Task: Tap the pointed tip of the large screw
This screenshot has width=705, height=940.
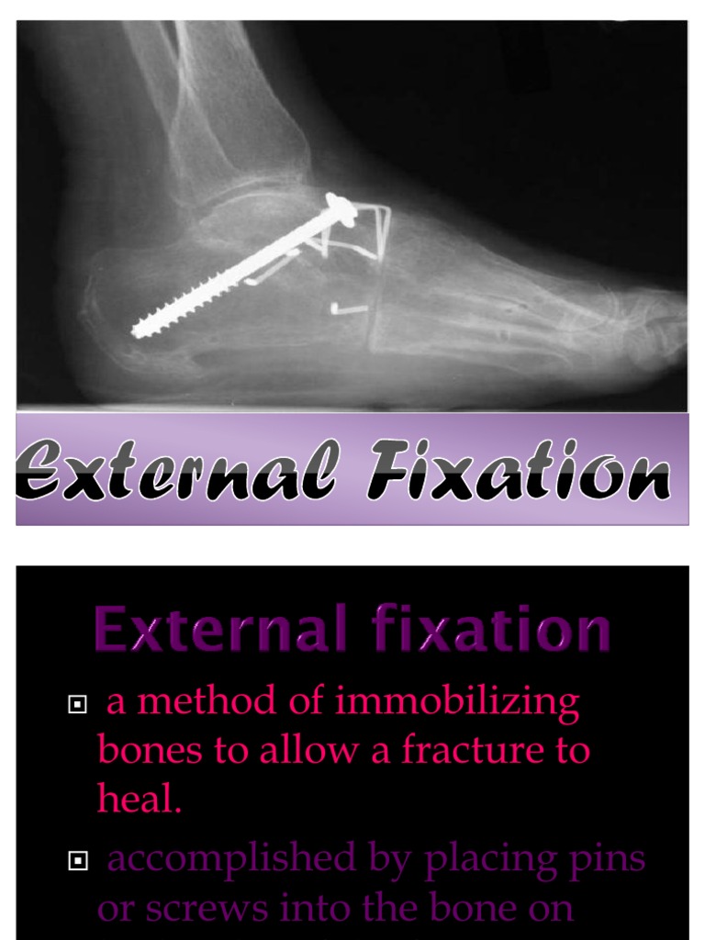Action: [x=136, y=330]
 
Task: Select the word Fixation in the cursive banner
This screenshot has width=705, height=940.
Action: [x=520, y=471]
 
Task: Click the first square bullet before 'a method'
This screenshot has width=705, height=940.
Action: [x=77, y=705]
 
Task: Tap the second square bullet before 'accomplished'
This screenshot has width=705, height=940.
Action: [x=77, y=861]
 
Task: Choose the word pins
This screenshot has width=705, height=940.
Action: [x=605, y=861]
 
